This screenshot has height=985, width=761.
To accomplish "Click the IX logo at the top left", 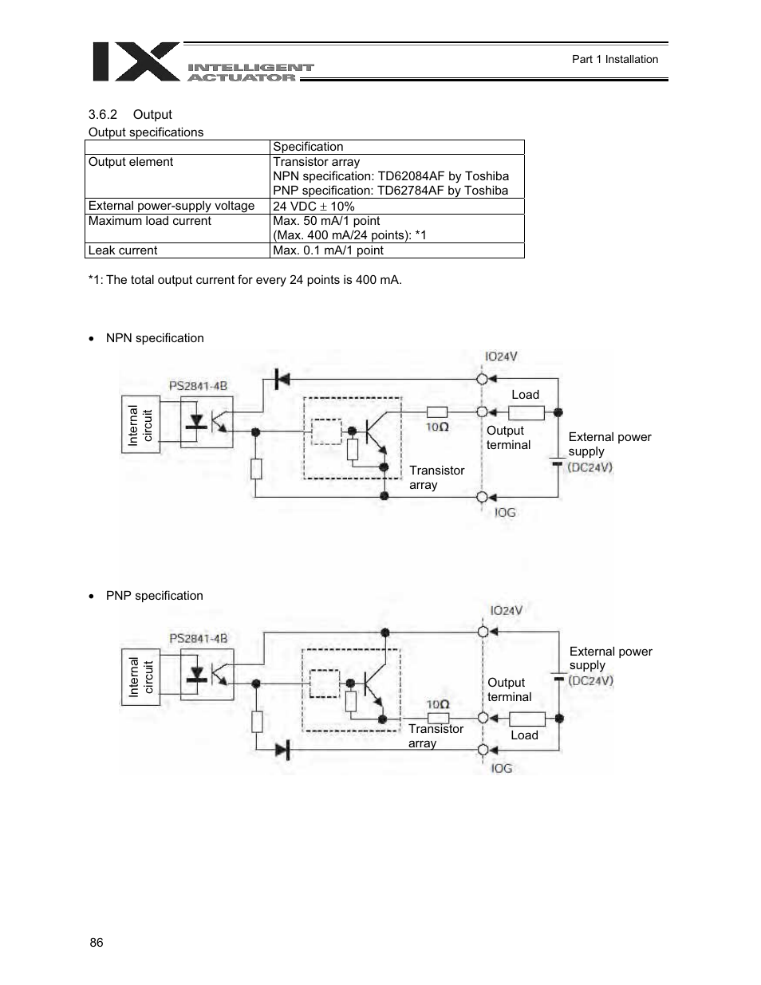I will (x=136, y=62).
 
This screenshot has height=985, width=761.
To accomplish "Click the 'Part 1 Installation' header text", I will (x=615, y=59).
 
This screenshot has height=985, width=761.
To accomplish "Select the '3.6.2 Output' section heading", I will (x=130, y=115).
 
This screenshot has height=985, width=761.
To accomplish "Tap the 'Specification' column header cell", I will (x=308, y=147).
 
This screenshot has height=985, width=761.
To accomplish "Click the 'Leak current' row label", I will (x=123, y=250).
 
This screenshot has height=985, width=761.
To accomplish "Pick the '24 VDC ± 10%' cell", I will (x=313, y=206).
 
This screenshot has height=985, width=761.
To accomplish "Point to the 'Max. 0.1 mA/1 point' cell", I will (x=328, y=250).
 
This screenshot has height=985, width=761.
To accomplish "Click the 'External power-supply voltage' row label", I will (x=172, y=206).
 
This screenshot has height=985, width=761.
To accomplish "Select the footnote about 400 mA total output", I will (x=245, y=280).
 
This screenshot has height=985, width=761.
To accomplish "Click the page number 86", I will (x=97, y=943).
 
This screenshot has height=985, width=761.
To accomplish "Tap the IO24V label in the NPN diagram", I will (x=502, y=357).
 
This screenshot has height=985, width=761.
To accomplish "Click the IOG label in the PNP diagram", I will (x=502, y=768).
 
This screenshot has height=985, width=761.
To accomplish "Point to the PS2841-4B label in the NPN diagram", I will (x=198, y=386).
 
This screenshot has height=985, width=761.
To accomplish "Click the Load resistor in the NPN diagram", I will (x=526, y=412).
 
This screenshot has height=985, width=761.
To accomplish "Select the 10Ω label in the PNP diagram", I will (x=437, y=704).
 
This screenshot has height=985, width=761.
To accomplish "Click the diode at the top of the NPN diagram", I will (x=281, y=379).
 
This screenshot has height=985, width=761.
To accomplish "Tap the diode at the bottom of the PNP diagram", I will (x=281, y=749).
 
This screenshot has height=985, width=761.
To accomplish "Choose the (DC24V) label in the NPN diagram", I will (x=590, y=467).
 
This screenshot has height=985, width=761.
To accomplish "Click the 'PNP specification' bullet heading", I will (x=154, y=596).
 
